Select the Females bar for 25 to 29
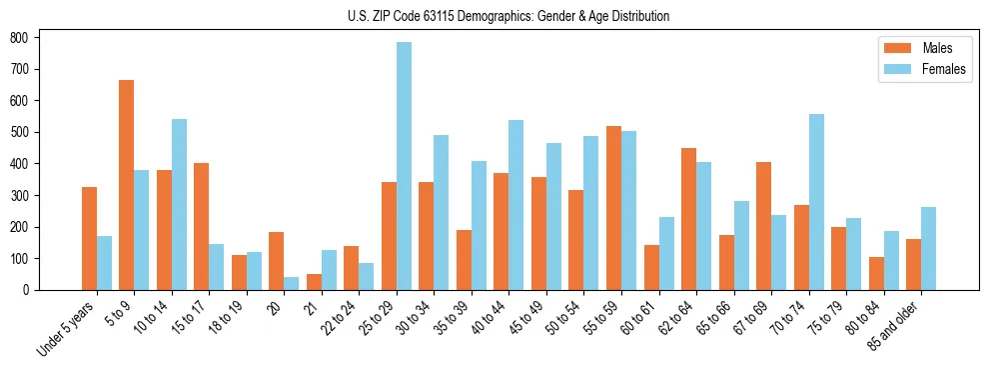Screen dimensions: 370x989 (x=404, y=166)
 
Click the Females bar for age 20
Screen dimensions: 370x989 (x=291, y=283)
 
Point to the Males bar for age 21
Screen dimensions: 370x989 (x=314, y=282)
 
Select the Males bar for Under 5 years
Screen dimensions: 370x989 (x=89, y=238)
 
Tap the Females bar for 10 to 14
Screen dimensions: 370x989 (x=179, y=204)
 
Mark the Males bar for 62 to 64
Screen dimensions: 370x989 (x=688, y=219)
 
